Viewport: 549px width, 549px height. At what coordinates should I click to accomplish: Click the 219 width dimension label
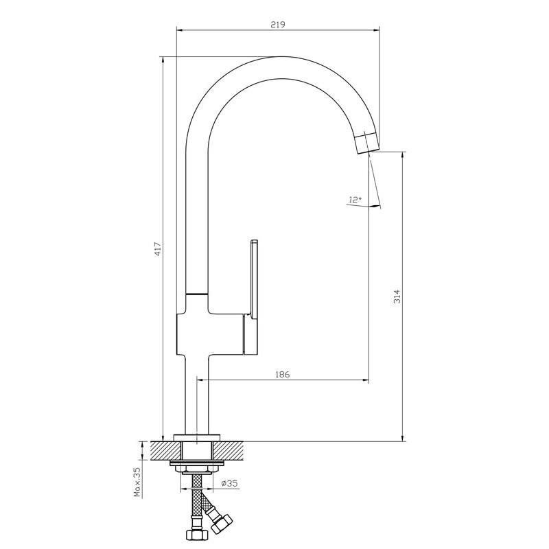278,25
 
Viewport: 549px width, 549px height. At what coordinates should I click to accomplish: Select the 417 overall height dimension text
158,248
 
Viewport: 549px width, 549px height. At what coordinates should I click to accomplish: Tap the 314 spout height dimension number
397,296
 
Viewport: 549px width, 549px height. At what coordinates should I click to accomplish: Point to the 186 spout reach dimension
283,374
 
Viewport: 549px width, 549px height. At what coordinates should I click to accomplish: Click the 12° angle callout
355,200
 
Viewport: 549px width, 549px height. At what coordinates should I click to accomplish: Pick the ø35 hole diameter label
229,484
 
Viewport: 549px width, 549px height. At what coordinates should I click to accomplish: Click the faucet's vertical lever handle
253,298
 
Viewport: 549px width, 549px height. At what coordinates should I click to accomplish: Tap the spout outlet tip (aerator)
367,143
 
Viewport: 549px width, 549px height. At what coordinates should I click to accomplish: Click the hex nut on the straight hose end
197,535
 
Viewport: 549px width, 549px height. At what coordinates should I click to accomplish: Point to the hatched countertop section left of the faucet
165,450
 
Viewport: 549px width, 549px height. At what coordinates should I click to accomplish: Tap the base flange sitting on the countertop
197,438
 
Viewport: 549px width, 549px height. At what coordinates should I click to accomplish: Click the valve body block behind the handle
210,334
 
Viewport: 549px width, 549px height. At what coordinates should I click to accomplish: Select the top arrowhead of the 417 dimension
163,60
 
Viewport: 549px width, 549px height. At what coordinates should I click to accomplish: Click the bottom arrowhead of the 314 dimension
403,438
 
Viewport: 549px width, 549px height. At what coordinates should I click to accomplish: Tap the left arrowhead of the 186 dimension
201,379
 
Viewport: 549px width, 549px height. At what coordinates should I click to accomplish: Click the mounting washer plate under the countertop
197,463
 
